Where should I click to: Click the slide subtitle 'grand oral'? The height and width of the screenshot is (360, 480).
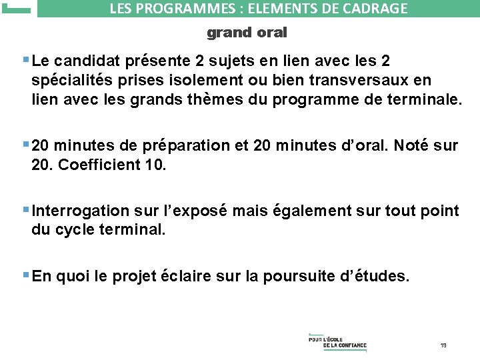[x=246, y=32]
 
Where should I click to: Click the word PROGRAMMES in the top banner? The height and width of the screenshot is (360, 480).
[x=175, y=9]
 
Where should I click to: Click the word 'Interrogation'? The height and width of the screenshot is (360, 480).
[x=81, y=211]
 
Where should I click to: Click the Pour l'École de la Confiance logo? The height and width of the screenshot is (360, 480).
[x=337, y=341]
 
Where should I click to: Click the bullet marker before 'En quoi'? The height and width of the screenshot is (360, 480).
[x=26, y=275]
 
